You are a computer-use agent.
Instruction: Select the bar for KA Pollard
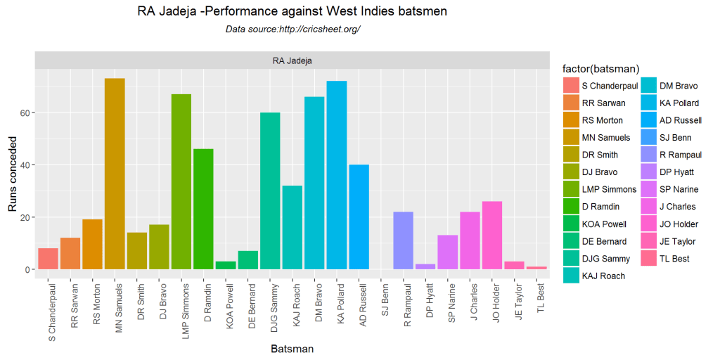(x=337, y=175)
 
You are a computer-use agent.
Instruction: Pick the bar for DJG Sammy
(x=270, y=191)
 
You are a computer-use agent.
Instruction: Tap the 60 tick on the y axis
(x=26, y=112)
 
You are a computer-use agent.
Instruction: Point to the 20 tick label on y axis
(x=26, y=217)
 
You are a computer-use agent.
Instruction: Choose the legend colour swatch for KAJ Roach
(x=572, y=276)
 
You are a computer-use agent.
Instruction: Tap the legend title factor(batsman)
(x=600, y=68)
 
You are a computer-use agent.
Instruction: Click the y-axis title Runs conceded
(x=12, y=174)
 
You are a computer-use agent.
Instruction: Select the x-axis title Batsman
(x=292, y=348)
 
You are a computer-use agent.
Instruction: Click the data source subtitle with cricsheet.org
(x=292, y=30)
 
